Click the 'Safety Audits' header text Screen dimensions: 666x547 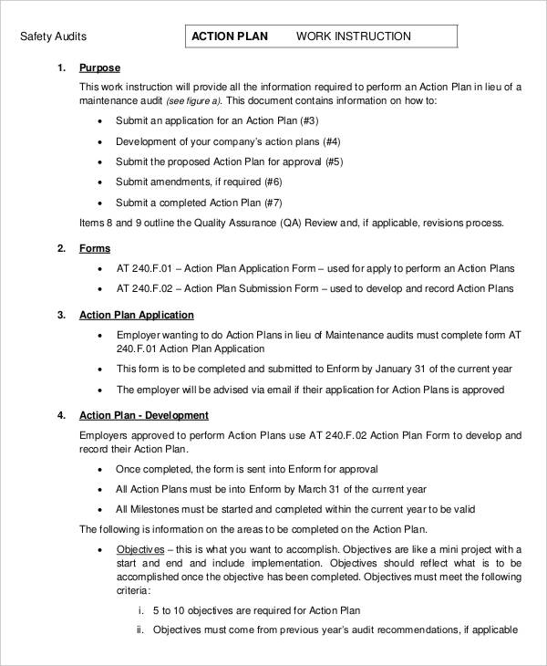point(53,36)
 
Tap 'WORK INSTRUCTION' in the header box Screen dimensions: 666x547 point(354,36)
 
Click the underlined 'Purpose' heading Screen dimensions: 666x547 point(99,68)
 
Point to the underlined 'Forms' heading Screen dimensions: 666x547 point(95,248)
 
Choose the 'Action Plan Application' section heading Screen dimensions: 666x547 point(136,315)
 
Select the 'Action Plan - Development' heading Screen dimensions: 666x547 point(144,415)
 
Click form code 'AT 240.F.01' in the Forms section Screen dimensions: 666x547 point(145,268)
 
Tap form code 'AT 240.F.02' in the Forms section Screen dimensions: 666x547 point(145,288)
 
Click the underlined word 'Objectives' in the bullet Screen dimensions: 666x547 point(140,550)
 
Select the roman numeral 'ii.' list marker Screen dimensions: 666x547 point(140,630)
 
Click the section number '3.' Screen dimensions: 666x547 point(61,315)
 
